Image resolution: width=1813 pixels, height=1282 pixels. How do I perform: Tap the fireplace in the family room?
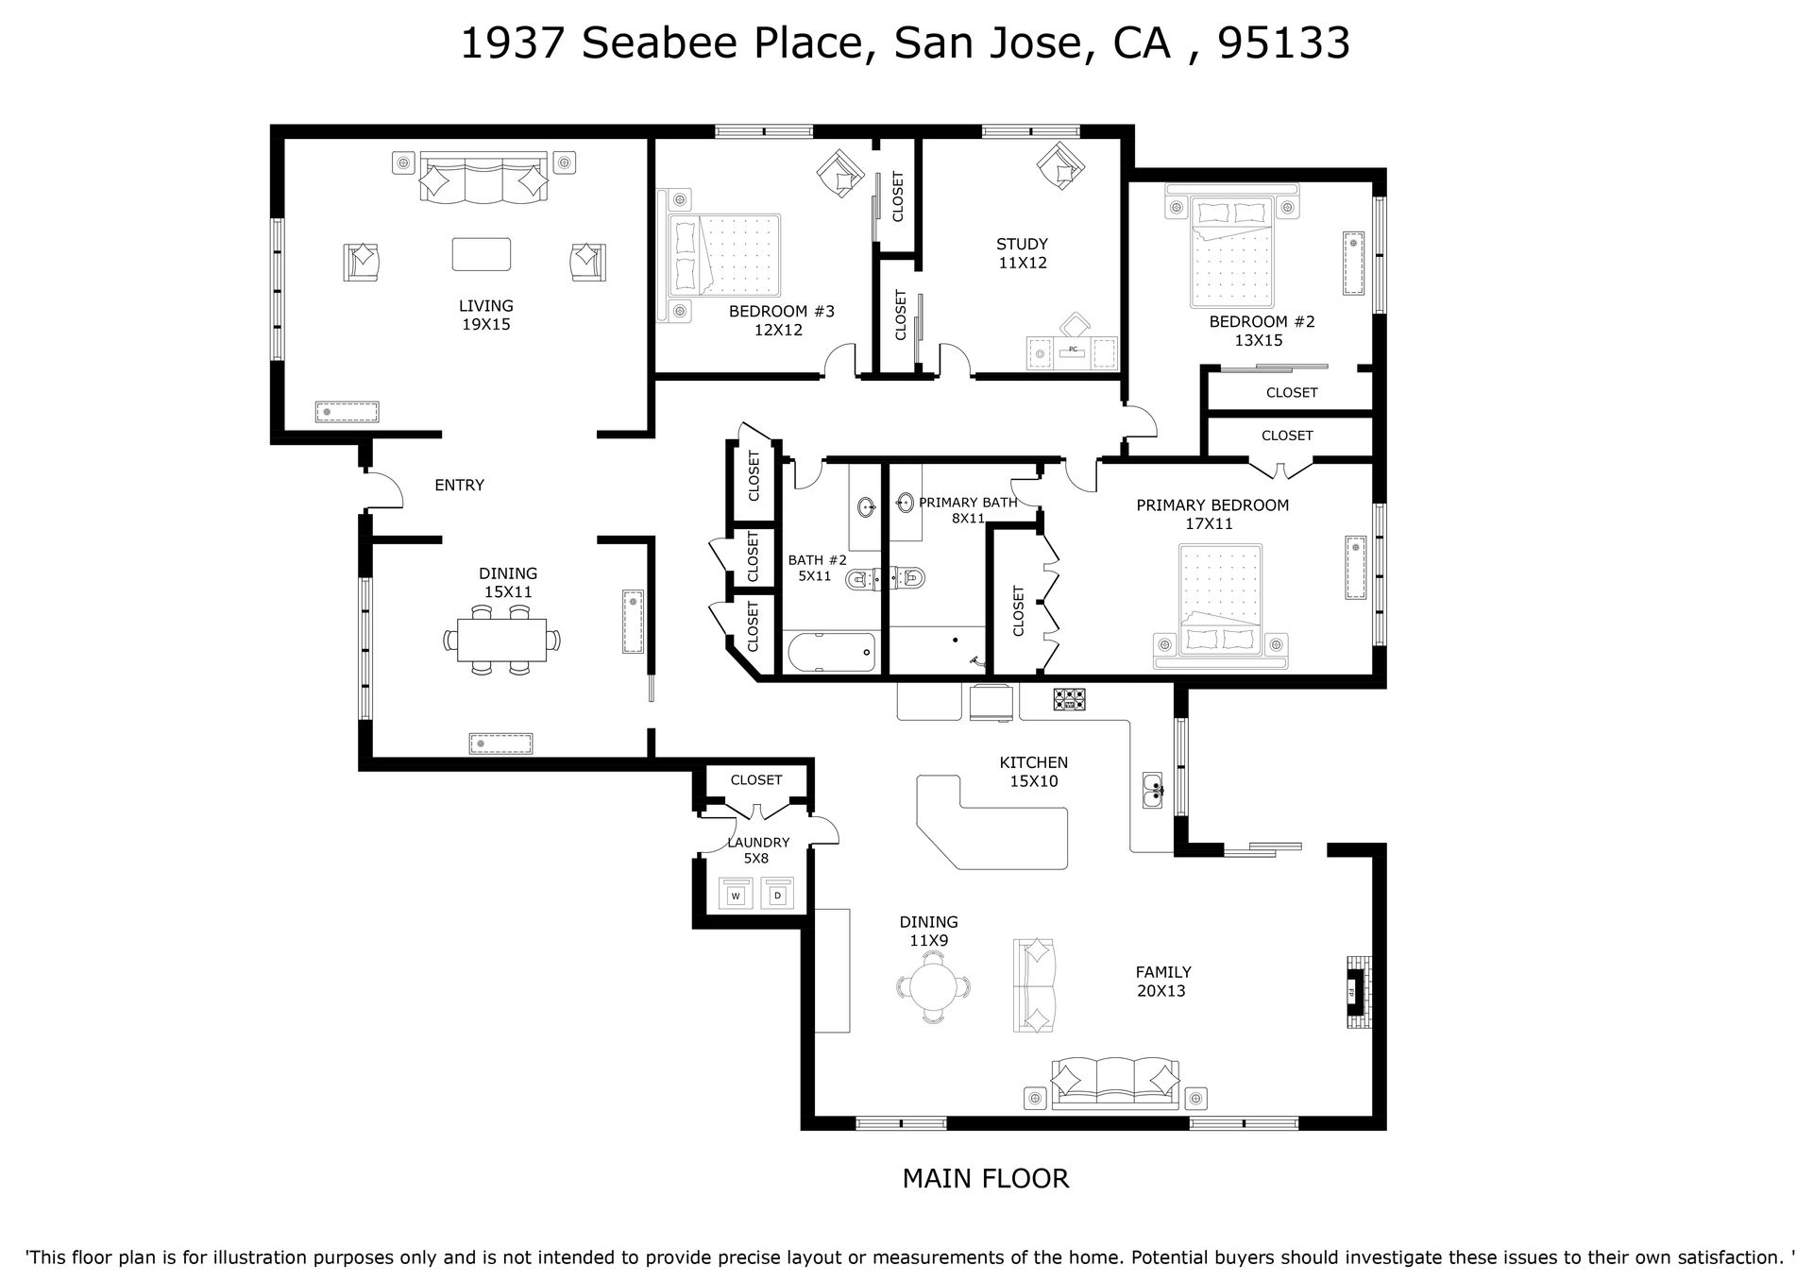[x=1358, y=994]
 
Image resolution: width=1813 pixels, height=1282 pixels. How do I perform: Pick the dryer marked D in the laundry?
[x=777, y=894]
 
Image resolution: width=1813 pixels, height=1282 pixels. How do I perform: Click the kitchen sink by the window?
[x=1153, y=790]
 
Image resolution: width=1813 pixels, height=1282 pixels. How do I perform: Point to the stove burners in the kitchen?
[x=1070, y=699]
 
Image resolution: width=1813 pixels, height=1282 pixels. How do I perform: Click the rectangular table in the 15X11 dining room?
[x=501, y=640]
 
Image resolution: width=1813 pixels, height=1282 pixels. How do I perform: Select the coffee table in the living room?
[x=482, y=254]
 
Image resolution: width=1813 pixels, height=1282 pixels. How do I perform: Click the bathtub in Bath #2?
[x=830, y=653]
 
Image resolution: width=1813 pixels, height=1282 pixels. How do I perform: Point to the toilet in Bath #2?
[x=861, y=578]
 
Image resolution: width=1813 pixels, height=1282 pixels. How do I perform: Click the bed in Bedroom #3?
[x=723, y=254]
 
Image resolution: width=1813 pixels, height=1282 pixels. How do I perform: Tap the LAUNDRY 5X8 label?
[x=758, y=850]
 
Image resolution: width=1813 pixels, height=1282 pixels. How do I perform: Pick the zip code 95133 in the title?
[x=1284, y=43]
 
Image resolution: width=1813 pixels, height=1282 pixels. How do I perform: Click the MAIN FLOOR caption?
[x=986, y=1178]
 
